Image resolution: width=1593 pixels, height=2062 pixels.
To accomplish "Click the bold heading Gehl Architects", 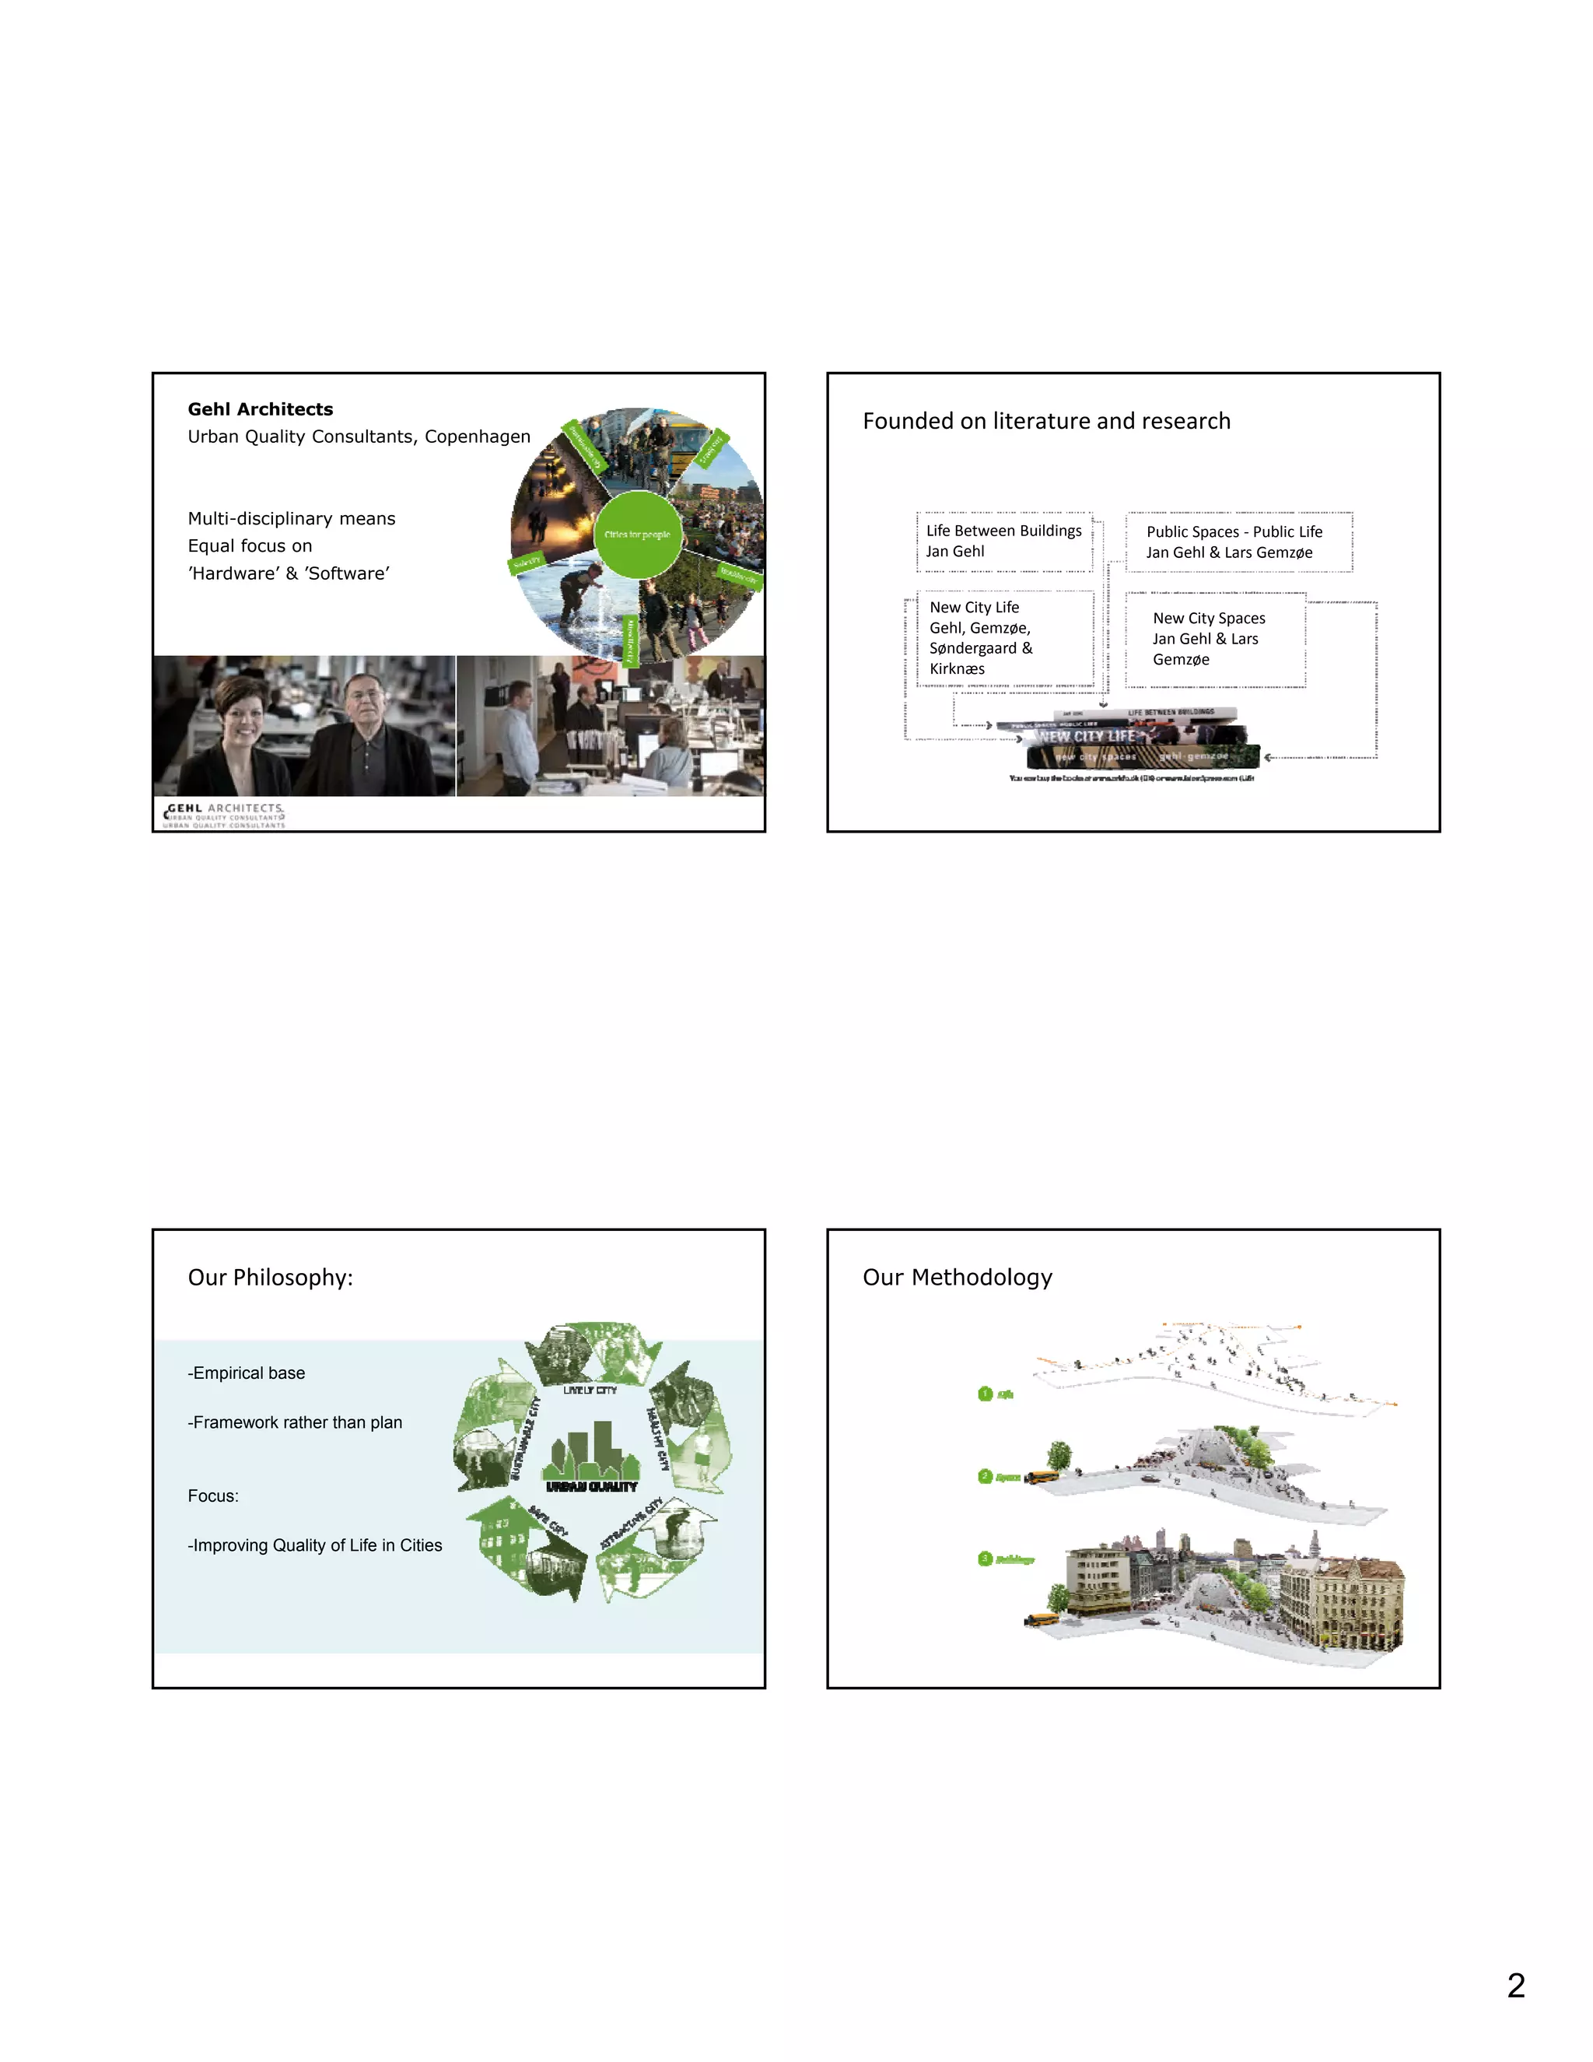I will coord(261,409).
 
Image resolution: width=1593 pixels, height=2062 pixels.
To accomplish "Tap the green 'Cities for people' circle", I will coord(638,535).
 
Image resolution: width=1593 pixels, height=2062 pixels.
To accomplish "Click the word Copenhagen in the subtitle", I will coord(478,437).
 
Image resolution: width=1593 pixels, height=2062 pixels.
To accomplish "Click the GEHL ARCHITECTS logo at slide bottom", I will coord(225,815).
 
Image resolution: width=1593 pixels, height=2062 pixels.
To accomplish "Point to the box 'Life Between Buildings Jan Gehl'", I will coord(1004,541).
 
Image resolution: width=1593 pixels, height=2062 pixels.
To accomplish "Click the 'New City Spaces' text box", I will coord(1216,639).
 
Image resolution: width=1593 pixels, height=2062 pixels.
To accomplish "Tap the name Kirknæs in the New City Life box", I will coord(957,668).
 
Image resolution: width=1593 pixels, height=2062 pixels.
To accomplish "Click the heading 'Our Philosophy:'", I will coord(271,1278).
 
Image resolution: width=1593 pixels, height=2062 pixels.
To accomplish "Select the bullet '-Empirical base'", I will coord(247,1373).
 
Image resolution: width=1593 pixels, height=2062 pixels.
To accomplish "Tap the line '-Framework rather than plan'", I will coord(296,1422).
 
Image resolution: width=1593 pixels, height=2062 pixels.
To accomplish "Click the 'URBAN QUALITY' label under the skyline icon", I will coord(592,1486).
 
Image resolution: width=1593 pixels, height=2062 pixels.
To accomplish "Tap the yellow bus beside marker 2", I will coord(1042,1478).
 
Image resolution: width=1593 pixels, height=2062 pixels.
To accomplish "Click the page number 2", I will coord(1517,1986).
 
